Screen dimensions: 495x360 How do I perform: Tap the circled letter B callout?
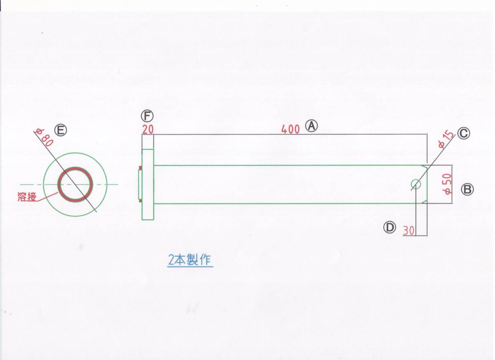coord(468,189)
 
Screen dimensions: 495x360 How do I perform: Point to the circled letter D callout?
coord(389,227)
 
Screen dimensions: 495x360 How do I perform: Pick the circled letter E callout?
coord(61,130)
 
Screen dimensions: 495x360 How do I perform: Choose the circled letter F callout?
coord(146,115)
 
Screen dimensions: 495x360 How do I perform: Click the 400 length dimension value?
coord(290,129)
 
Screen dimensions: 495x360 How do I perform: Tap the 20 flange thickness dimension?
coord(148,129)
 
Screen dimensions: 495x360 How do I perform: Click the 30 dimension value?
coord(408,231)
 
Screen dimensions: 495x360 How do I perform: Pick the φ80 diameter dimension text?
coord(45,137)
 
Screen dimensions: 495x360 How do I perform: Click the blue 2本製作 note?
coord(190,260)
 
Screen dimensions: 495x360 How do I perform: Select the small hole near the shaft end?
coord(416,184)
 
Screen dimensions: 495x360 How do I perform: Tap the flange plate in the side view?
coord(148,185)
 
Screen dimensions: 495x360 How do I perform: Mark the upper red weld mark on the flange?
coord(140,168)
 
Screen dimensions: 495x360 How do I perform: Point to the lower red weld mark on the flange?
coord(140,201)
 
